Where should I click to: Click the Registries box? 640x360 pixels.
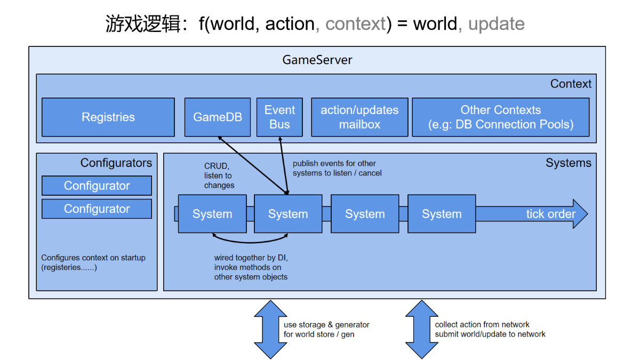click(108, 117)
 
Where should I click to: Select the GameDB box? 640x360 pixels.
click(218, 117)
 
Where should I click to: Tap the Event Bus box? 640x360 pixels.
click(279, 117)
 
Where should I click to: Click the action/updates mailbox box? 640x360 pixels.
click(359, 117)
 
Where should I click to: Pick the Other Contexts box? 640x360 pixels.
click(501, 117)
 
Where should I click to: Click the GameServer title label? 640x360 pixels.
click(317, 60)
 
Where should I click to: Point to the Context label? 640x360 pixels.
click(571, 84)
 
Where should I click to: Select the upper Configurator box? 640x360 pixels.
click(97, 186)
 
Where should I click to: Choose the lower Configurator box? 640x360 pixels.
click(97, 209)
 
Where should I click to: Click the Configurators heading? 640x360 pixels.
click(116, 163)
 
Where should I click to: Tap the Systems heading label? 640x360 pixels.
click(569, 163)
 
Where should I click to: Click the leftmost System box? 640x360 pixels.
click(212, 214)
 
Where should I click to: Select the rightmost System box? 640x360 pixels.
click(442, 214)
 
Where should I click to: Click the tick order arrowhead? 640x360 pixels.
click(580, 214)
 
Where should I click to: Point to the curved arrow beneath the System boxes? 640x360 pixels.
click(250, 243)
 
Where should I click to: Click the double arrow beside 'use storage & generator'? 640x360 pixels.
click(270, 330)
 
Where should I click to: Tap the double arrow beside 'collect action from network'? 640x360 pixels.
click(421, 330)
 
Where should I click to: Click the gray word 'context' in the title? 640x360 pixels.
click(355, 23)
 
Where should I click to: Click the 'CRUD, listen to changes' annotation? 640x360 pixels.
click(219, 175)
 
